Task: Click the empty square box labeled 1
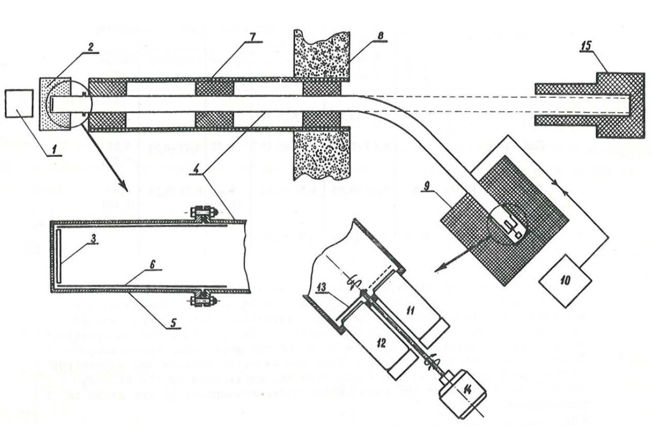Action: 18,104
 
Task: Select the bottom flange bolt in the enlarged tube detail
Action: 204,297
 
